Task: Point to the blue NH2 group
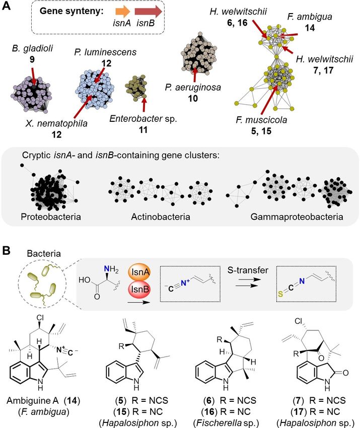[112, 272]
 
